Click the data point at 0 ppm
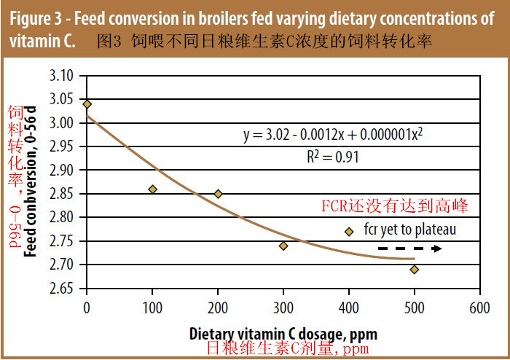87,104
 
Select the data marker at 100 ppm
152,189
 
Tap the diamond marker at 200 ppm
218,194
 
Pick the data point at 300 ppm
283,246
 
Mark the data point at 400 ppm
349,232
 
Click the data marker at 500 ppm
415,270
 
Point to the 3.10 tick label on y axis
63,76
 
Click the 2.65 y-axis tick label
63,289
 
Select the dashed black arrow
409,249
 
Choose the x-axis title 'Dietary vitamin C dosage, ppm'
283,334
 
